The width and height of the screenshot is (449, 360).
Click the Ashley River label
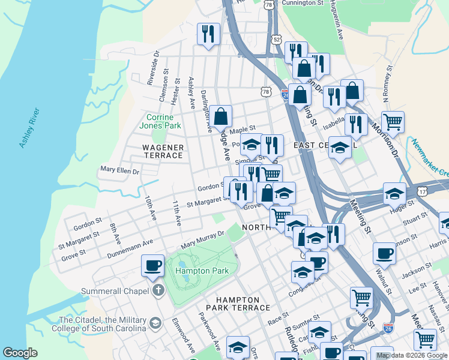pyautogui.click(x=29, y=128)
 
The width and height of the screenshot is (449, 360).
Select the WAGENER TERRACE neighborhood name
pyautogui.click(x=162, y=151)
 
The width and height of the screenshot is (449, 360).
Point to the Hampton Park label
pyautogui.click(x=202, y=271)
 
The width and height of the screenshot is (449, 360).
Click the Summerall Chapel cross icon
pyautogui.click(x=158, y=291)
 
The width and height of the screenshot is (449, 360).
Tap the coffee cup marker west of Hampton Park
pyautogui.click(x=152, y=265)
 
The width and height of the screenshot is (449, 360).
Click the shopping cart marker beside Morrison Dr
pyautogui.click(x=393, y=122)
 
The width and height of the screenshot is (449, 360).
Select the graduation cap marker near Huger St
pyautogui.click(x=394, y=194)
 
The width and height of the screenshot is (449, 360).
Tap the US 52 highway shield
pyautogui.click(x=276, y=39)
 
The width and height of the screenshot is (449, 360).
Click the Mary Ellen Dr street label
pyautogui.click(x=120, y=171)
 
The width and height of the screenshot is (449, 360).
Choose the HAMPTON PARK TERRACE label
pyautogui.click(x=238, y=304)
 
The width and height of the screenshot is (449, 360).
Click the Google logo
pyautogui.click(x=20, y=353)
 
